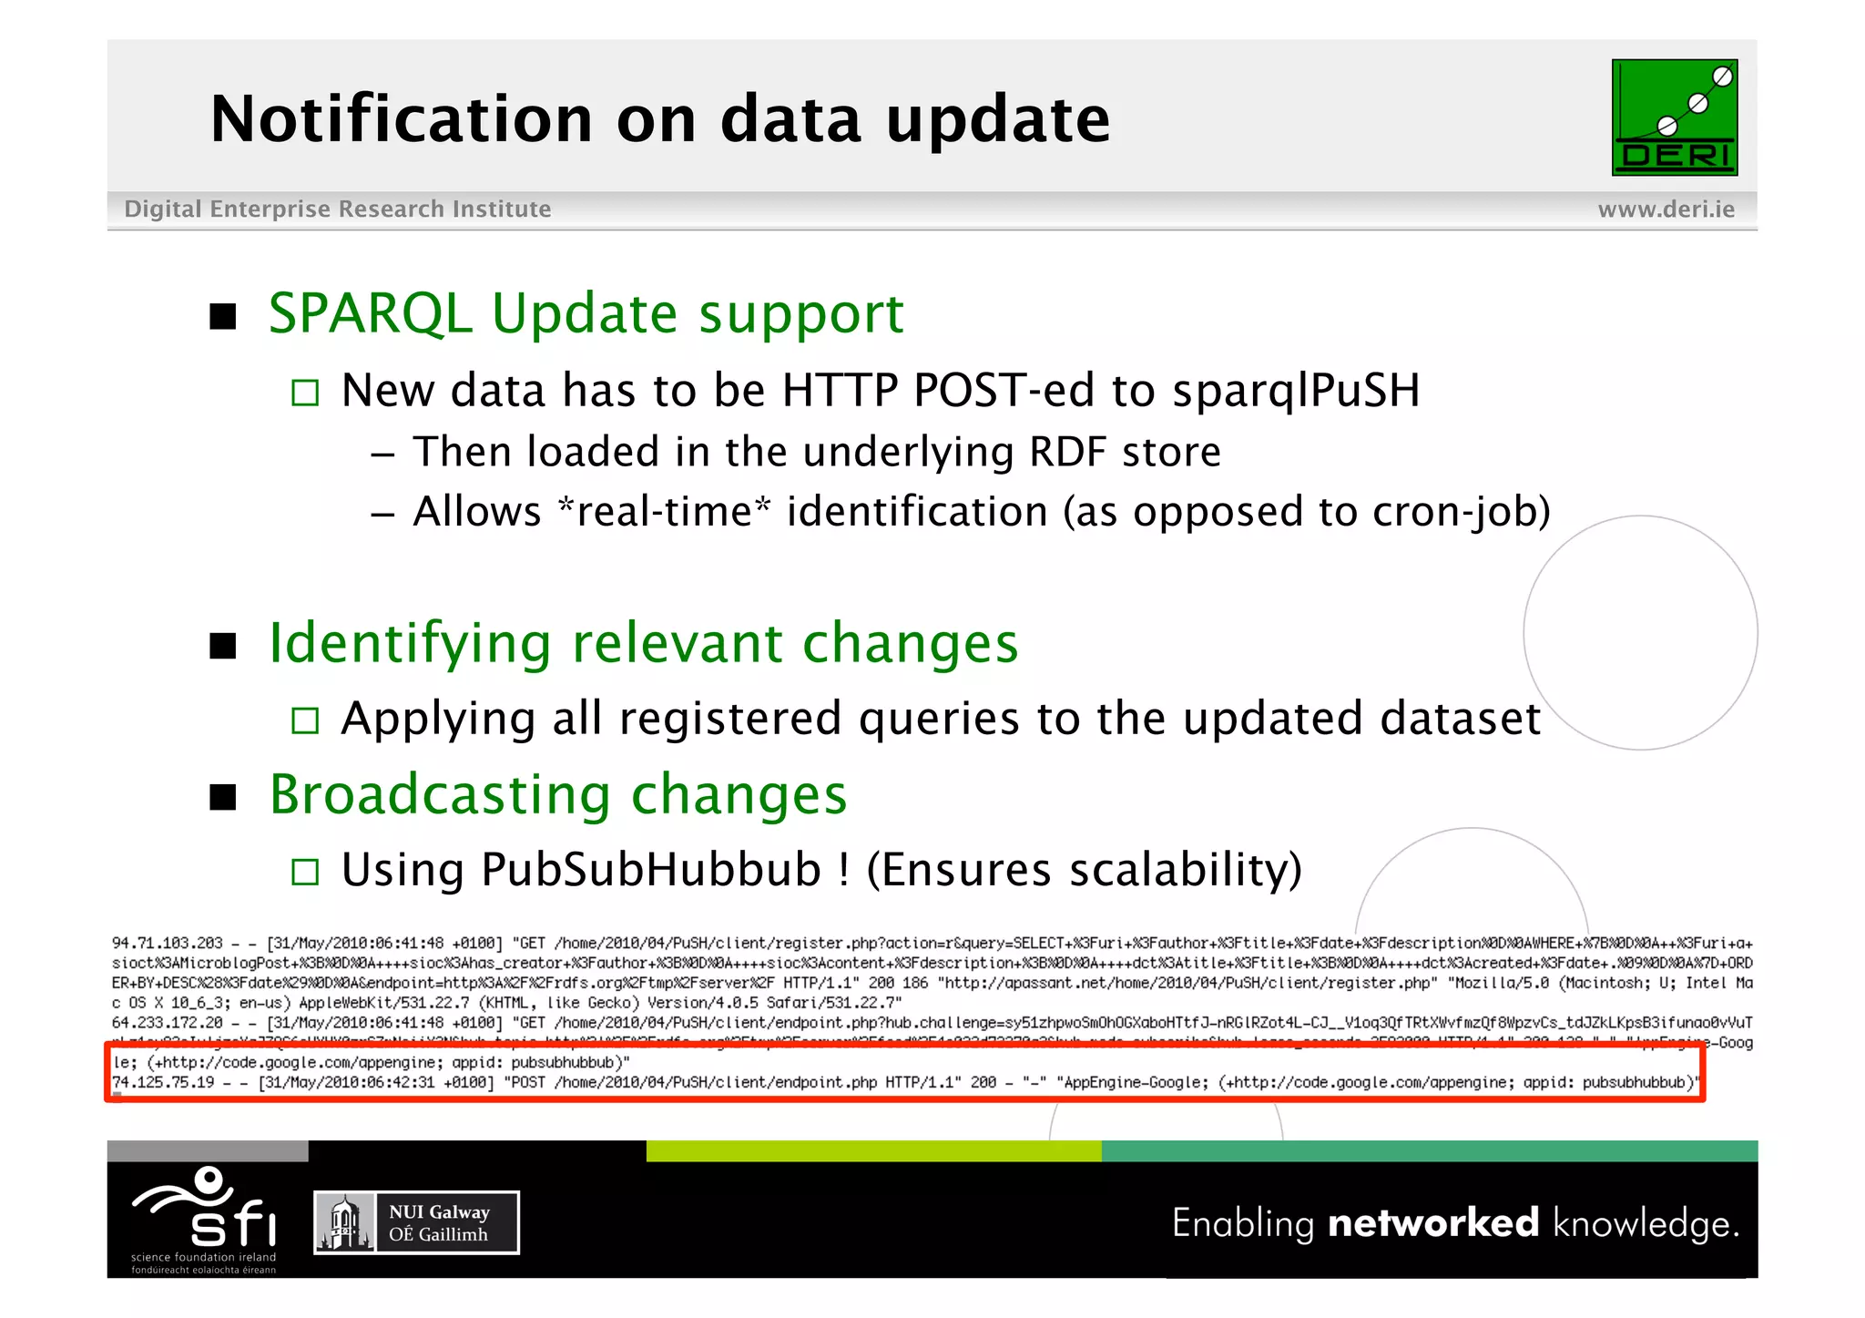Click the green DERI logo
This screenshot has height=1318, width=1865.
[1674, 117]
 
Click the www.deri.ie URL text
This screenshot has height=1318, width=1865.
[1666, 209]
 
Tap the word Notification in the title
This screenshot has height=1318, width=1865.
[402, 119]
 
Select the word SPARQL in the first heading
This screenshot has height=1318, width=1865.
[370, 314]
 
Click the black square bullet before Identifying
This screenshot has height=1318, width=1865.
[223, 646]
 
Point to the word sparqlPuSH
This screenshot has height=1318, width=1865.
[1295, 391]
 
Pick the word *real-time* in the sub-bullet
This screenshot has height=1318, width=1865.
[664, 512]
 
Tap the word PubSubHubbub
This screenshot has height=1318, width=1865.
[651, 870]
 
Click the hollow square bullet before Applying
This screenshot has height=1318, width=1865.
[305, 720]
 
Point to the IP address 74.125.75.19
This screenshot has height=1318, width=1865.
[163, 1082]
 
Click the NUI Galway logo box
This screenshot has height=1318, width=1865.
[416, 1222]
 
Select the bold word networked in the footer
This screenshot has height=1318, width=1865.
[1432, 1222]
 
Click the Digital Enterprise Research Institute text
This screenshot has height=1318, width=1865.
[338, 209]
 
